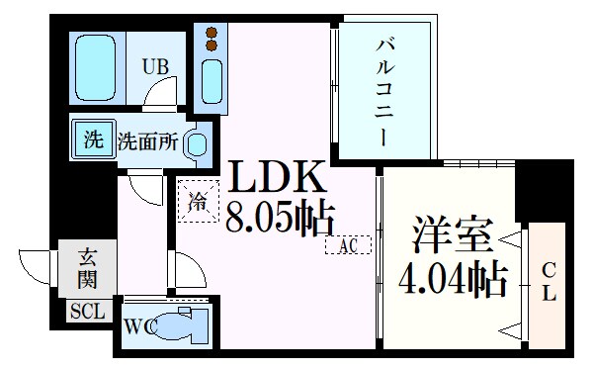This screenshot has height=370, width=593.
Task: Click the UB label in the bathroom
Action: [154, 67]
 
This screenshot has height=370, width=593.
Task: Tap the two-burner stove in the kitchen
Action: [211, 38]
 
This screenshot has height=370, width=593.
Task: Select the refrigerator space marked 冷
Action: [198, 204]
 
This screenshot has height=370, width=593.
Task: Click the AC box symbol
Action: [347, 244]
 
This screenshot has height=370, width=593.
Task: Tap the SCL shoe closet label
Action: [85, 313]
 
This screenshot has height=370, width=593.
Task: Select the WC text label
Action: [137, 327]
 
